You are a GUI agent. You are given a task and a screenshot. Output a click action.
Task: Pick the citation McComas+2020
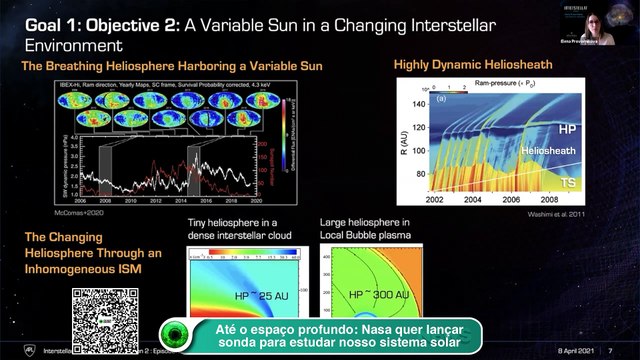click(80, 212)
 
